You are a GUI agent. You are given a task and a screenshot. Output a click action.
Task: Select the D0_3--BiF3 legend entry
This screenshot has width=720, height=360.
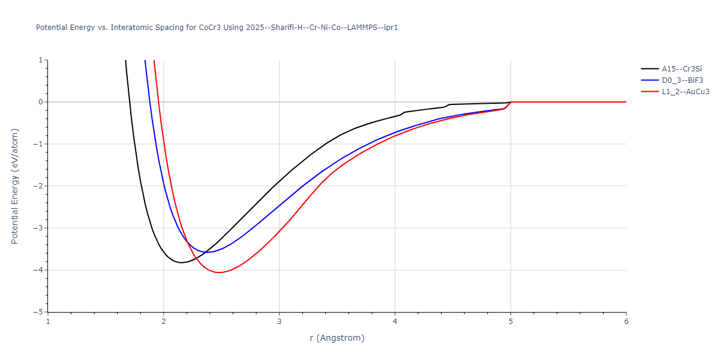[x=682, y=80]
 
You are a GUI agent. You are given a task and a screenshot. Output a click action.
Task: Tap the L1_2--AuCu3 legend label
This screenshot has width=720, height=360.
[x=685, y=92]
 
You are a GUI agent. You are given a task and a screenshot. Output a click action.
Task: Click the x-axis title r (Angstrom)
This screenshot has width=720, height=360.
[x=337, y=338]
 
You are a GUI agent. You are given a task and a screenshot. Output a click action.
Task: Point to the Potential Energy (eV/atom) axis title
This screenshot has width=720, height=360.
[x=15, y=186]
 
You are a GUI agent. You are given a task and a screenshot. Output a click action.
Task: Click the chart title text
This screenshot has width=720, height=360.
[x=217, y=28]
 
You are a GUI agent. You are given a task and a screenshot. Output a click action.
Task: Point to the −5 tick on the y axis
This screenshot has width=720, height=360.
[x=40, y=312]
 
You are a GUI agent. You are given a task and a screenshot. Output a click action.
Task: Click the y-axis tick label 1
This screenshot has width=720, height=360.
[x=41, y=60]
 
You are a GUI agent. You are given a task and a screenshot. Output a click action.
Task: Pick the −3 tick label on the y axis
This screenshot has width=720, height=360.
[x=40, y=228]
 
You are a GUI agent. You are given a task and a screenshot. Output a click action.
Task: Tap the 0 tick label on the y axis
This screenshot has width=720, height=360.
[x=41, y=102]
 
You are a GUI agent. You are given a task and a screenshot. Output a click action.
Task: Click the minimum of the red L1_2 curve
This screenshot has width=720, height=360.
[x=220, y=272]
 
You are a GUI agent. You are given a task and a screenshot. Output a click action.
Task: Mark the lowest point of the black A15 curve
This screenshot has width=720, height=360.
[x=181, y=263]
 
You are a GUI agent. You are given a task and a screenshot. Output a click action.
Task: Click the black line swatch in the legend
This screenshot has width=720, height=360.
[x=649, y=68]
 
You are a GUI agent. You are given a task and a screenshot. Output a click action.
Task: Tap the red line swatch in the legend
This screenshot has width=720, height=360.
[x=649, y=92]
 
